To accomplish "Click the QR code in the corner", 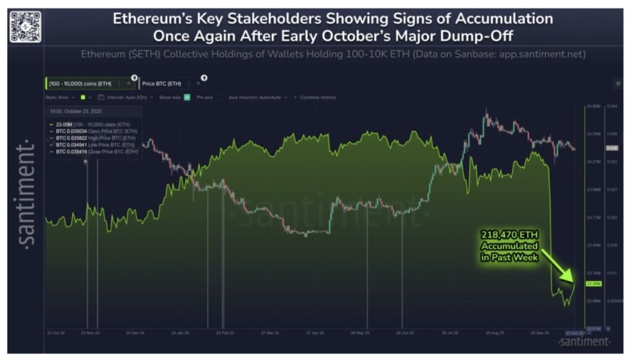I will [x=26, y=26].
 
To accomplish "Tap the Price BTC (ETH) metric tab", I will [x=162, y=83].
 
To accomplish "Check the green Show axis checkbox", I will [x=187, y=97].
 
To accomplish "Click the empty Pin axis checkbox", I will [x=219, y=97].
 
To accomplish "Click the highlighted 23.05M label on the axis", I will [x=593, y=284].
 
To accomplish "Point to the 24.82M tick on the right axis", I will [x=593, y=107].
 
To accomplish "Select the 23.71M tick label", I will [x=593, y=218].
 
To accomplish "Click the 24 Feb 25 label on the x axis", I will [x=225, y=333].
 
